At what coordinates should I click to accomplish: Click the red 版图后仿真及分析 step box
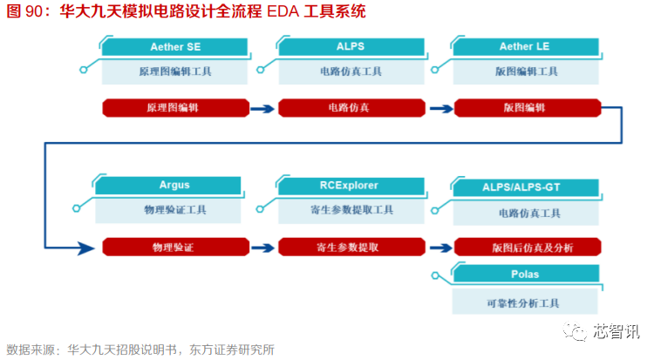[x=527, y=248]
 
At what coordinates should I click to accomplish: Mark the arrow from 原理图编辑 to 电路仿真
[x=262, y=109]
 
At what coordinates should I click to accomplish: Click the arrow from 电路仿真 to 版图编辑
[x=440, y=109]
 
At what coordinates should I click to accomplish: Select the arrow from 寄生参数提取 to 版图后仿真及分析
[x=440, y=248]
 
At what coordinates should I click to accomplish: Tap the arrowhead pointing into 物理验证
[x=85, y=248]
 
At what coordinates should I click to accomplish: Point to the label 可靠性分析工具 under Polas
[x=526, y=302]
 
